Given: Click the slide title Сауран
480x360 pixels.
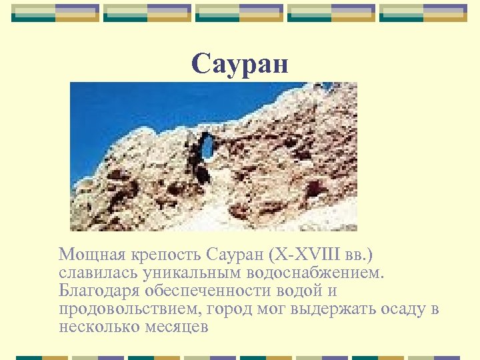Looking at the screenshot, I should pyautogui.click(x=240, y=64).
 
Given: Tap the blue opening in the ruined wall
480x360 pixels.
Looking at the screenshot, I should pyautogui.click(x=208, y=145).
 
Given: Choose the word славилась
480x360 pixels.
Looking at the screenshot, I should pyautogui.click(x=95, y=273).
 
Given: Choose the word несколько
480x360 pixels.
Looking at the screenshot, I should pyautogui.click(x=99, y=327).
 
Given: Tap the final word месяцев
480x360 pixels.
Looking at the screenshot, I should pyautogui.click(x=177, y=327).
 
